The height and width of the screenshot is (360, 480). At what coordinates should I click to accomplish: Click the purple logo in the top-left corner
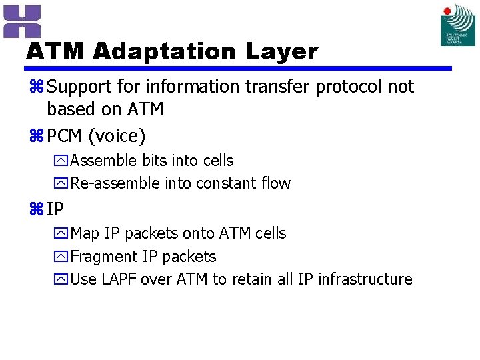point(22,21)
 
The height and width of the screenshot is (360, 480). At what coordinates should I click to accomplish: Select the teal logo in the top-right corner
point(458,25)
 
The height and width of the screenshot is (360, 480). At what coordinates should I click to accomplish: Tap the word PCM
point(65,137)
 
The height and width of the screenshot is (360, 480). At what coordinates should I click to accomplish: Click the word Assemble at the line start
point(103,161)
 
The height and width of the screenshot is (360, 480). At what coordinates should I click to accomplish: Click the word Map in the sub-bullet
point(85,233)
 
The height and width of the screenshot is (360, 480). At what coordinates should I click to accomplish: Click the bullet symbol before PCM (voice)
point(36,137)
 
